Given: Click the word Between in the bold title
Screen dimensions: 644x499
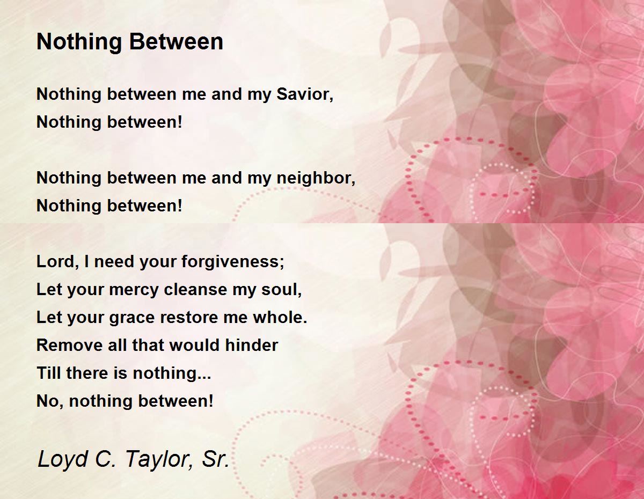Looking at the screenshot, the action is coord(176,41).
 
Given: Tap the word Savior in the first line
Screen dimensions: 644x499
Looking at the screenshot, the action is coord(305,94).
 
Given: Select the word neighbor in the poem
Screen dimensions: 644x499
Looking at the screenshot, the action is coord(316,178).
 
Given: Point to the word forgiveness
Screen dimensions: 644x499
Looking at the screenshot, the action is coord(233,262).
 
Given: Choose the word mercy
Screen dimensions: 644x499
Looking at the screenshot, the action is coord(134,290).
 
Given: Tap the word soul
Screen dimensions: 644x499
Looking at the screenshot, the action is coord(281,290).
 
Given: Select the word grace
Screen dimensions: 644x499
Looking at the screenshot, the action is coord(132,318).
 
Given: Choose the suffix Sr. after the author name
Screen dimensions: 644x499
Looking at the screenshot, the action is coord(216,459).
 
